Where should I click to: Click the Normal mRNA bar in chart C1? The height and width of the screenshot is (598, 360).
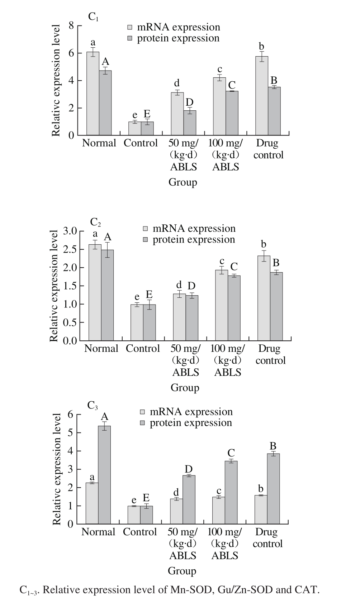coord(93,94)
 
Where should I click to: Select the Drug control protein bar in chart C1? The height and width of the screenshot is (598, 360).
coord(274,111)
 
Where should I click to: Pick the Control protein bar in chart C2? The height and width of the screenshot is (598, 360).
coord(149,322)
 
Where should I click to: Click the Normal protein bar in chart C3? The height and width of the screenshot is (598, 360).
coord(104,475)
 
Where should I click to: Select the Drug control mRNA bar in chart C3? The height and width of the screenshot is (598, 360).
coord(261,510)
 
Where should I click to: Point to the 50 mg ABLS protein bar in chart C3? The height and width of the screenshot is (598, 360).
coord(189,499)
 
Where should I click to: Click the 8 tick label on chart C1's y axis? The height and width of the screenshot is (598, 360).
coord(71,26)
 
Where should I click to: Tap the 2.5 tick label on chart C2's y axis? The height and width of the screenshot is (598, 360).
coord(70,249)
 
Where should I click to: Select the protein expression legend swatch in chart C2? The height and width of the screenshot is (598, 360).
coord(146,240)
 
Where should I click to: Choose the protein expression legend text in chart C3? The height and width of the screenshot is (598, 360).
coord(191,423)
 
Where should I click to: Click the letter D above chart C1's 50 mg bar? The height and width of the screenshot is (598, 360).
coord(189,102)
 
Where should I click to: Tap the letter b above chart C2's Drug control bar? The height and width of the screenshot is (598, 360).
coord(264,244)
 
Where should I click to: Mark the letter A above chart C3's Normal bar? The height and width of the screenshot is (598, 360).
coord(104,416)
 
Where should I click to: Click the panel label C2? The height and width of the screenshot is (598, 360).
coord(95,223)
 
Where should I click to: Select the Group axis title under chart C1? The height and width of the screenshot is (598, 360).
coord(183,182)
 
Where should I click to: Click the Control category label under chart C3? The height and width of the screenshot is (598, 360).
coord(140,532)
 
